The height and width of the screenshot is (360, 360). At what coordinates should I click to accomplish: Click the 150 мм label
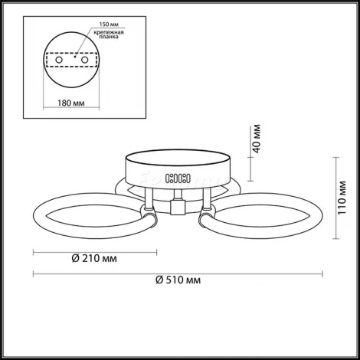tap(109, 25)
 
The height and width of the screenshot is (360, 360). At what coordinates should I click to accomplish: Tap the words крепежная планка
tap(109, 34)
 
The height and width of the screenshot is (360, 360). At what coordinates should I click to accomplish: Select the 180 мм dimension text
tap(71, 103)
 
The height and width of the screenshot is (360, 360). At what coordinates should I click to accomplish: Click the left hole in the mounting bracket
tap(59, 60)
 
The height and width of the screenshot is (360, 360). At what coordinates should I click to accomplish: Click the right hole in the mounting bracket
tap(84, 60)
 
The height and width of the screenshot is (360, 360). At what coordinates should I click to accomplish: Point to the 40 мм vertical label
tap(257, 139)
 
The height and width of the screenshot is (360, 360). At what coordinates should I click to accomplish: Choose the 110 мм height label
tap(342, 198)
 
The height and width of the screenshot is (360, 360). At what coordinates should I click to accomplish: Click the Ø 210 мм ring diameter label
tap(94, 258)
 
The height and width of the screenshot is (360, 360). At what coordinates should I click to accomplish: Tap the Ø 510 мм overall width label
tap(178, 280)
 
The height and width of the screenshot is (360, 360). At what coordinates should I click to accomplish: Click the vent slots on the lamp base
tap(178, 178)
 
